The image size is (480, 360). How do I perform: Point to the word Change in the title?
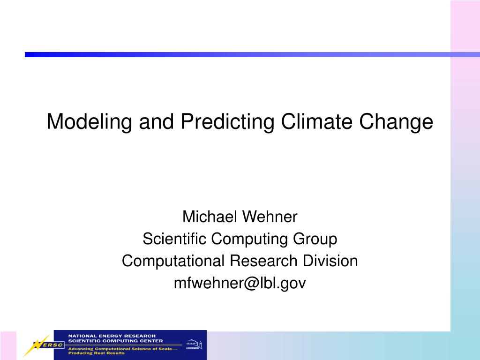click(x=396, y=122)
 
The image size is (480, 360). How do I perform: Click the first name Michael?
click(x=210, y=217)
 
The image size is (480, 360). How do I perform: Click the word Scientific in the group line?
click(x=174, y=239)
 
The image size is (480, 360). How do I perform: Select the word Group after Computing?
click(x=315, y=239)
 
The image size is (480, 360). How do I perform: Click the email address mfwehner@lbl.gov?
click(x=240, y=283)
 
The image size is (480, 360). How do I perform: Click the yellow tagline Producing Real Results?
click(x=96, y=352)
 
